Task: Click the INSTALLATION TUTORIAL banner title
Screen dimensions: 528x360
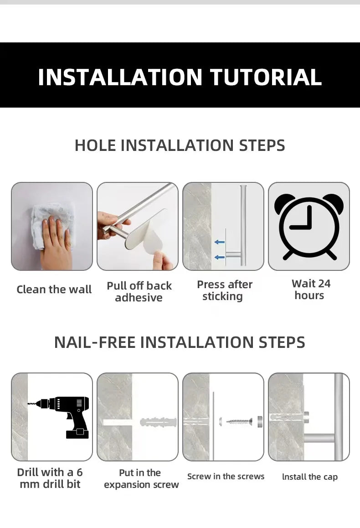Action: (x=180, y=77)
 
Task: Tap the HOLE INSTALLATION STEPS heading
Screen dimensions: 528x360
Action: (x=180, y=145)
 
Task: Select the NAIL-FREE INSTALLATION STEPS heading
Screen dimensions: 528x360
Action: (x=180, y=342)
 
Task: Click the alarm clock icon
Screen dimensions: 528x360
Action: (x=309, y=227)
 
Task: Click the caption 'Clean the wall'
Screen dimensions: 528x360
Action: (x=54, y=290)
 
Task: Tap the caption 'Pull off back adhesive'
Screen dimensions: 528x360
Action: (x=139, y=292)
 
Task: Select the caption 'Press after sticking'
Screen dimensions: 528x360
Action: (x=224, y=290)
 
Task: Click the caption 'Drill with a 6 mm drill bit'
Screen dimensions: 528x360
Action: (x=50, y=478)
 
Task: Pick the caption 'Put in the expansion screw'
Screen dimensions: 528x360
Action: (x=141, y=479)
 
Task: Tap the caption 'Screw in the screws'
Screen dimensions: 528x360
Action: (x=226, y=476)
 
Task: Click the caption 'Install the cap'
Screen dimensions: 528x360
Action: (x=310, y=477)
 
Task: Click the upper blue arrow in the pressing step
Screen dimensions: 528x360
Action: (x=220, y=242)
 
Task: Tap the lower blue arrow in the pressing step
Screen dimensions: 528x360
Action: (x=220, y=258)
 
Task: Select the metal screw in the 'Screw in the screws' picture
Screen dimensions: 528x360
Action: (x=239, y=421)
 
